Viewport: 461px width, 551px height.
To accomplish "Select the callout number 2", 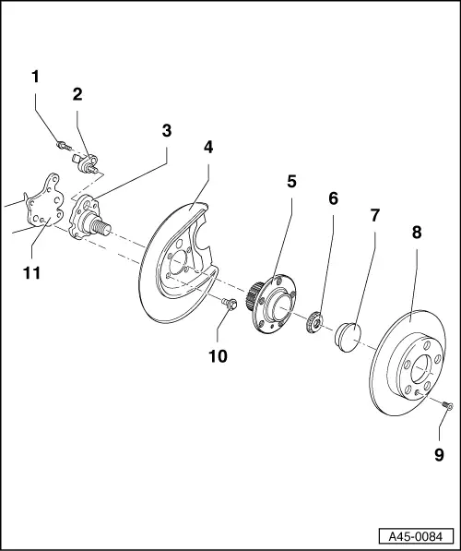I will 77,93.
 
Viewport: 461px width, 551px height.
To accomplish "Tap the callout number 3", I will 166,130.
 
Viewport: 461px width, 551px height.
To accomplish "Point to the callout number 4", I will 208,147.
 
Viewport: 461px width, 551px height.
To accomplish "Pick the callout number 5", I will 291,182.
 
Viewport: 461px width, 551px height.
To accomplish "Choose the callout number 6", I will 333,198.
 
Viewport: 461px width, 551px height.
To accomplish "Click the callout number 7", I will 375,215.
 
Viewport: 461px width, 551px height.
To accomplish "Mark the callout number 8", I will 417,234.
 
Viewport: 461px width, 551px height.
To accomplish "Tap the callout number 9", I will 439,454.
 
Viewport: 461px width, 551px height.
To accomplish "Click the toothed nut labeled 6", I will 313,322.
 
